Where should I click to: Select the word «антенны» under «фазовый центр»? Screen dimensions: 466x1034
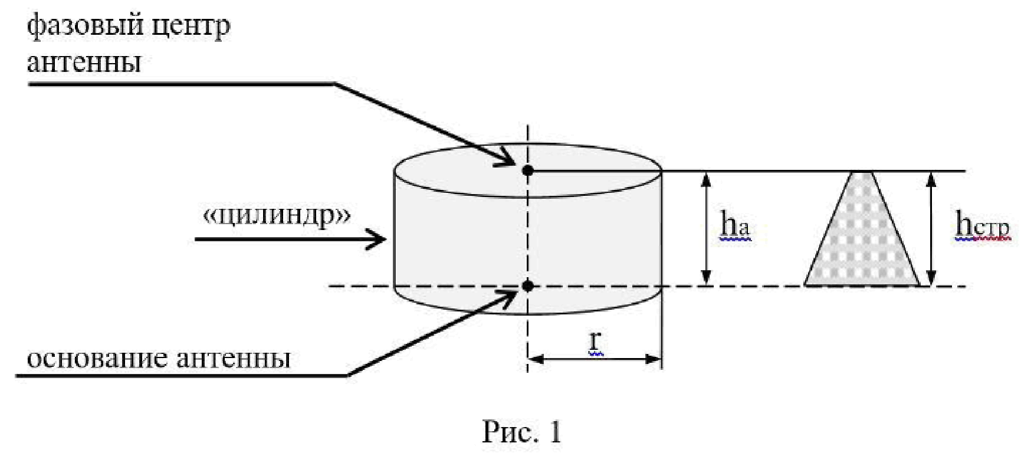tap(84, 62)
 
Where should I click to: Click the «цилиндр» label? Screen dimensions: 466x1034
tap(277, 216)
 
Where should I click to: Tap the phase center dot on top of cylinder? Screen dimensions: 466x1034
tap(528, 170)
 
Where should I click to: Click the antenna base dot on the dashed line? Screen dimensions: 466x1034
tap(528, 286)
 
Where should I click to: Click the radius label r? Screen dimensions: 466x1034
tap(595, 340)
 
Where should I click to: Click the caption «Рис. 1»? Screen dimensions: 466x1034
tap(521, 432)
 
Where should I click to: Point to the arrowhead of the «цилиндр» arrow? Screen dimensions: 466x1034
tap(380, 239)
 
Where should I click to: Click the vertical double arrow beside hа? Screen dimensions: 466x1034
tap(705, 229)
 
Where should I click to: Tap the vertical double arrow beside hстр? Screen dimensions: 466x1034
tap(931, 229)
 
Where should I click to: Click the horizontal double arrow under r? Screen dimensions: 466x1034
tap(595, 359)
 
